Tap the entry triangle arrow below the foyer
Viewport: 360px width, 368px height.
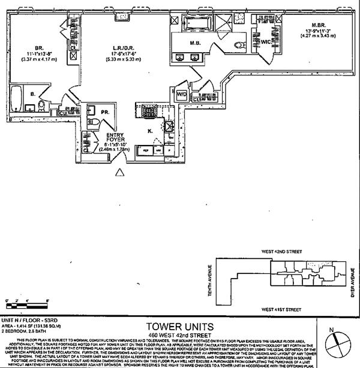(120, 173)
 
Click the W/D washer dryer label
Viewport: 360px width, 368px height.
(181, 94)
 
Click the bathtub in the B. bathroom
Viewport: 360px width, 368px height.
(16, 97)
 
